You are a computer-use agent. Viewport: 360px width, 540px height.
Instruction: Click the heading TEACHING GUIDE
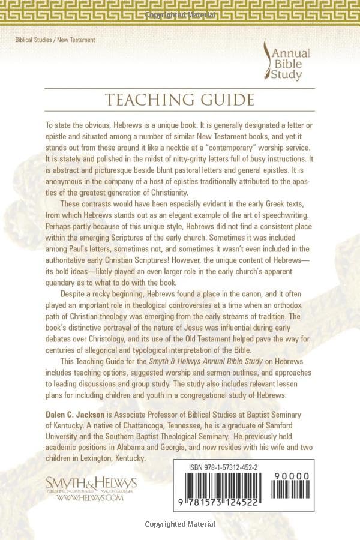179,100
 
